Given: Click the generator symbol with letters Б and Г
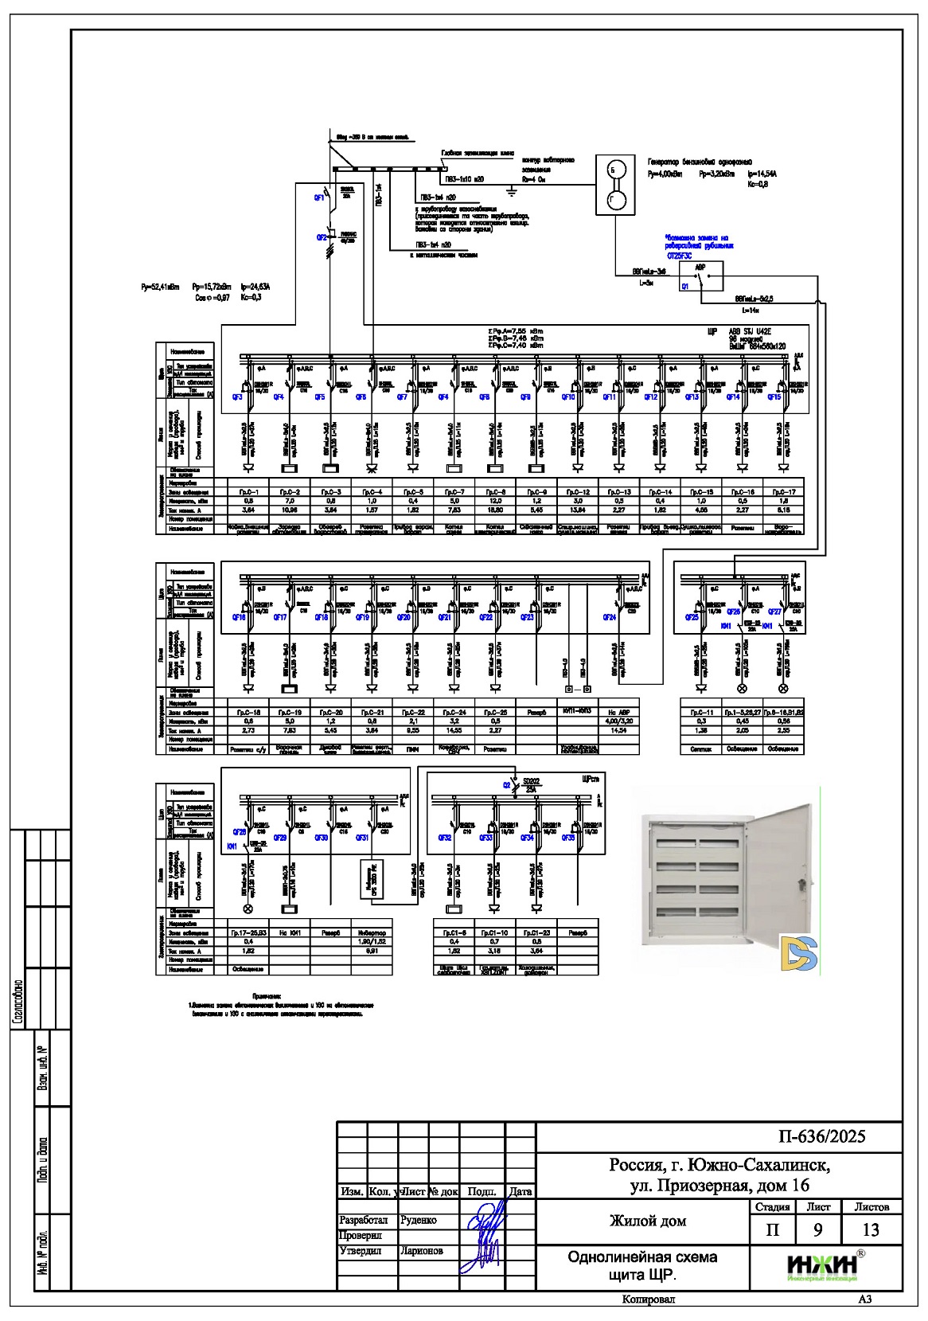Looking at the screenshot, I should (x=616, y=185).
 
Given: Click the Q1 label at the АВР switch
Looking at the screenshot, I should (x=685, y=286).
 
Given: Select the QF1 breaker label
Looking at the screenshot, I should (x=320, y=198).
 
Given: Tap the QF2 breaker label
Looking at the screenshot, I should (x=322, y=237).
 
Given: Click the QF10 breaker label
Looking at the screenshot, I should (x=567, y=397).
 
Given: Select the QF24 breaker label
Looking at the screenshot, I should (x=609, y=617).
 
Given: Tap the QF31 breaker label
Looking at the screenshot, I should (x=361, y=838).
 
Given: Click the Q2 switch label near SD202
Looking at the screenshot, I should (x=506, y=785).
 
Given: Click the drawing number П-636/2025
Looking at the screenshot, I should (x=821, y=1136).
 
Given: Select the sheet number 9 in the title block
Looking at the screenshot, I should (x=817, y=1229).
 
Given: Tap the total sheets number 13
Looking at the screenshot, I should (x=871, y=1229).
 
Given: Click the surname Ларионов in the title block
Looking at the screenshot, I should (x=422, y=1251).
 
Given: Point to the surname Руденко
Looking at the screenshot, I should (x=419, y=1220).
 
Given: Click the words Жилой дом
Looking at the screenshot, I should (x=648, y=1221).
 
